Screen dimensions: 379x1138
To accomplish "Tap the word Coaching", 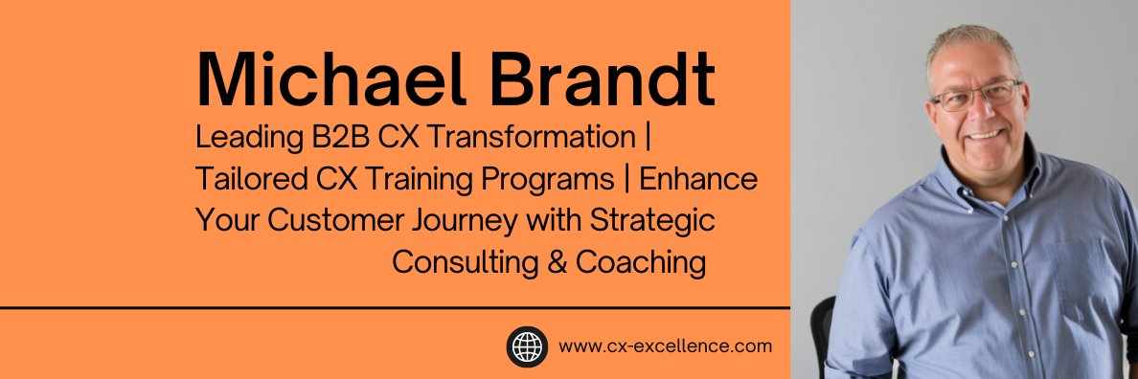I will click(x=640, y=261).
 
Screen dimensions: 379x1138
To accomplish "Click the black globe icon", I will click(x=527, y=346).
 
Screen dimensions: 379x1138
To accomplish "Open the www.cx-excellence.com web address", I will click(x=665, y=346).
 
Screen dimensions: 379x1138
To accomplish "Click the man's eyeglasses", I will click(x=974, y=97).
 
